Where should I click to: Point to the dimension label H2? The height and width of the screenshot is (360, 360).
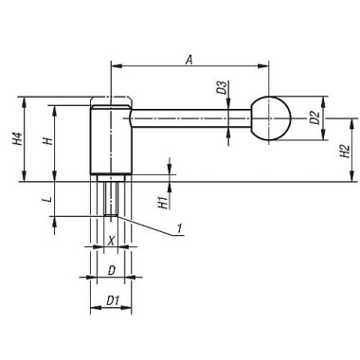(x=345, y=150)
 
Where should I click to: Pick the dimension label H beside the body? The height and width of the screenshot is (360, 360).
(x=46, y=142)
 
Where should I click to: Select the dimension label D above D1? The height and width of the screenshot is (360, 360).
(x=111, y=271)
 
